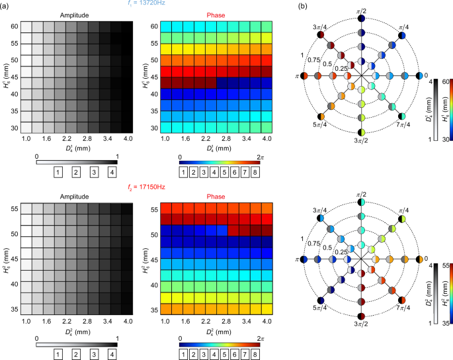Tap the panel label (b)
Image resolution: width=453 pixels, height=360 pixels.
[302, 6]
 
